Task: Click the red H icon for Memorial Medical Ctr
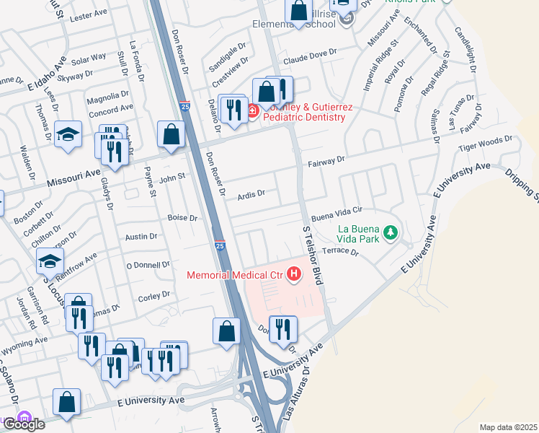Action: [x=294, y=274]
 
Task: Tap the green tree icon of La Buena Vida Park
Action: [x=390, y=232]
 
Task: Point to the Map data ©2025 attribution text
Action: [x=509, y=427]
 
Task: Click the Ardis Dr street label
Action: [x=252, y=193]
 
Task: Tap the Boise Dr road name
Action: [x=182, y=217]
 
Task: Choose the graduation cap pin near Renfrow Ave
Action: [x=50, y=261]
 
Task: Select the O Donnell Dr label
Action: [x=148, y=265]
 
